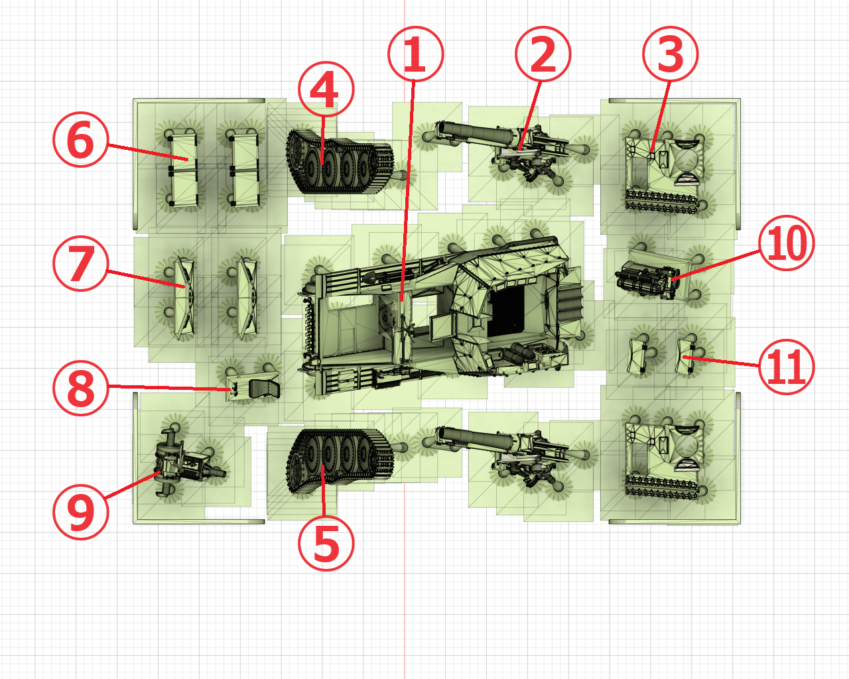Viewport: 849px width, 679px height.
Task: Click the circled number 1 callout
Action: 415,54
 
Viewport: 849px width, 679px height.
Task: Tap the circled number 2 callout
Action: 543,54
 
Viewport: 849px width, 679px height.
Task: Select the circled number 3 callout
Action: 671,54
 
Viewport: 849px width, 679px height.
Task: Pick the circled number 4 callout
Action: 326,89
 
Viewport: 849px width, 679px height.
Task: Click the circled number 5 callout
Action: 326,543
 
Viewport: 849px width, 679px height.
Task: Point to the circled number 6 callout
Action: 80,139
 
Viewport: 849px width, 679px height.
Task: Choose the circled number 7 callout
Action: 80,263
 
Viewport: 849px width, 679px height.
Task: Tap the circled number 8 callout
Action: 80,387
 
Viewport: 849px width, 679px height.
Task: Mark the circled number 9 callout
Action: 80,512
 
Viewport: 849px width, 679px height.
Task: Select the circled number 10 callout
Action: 786,243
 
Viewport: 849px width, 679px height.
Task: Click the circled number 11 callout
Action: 786,367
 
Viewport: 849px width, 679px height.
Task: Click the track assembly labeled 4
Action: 340,162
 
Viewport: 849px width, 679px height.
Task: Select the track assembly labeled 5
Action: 340,462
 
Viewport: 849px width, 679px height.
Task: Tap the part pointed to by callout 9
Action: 186,462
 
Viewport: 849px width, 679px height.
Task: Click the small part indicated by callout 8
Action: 253,388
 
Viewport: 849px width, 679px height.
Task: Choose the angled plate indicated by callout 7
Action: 184,298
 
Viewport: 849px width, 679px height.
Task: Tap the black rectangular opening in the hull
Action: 506,311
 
